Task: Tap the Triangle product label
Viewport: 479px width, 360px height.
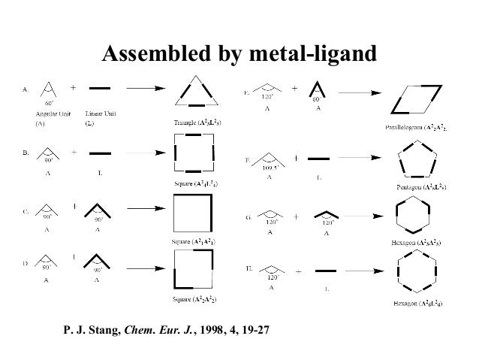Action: click(197, 121)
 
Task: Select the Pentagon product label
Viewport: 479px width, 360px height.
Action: click(422, 186)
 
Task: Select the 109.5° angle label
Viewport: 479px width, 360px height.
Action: click(270, 168)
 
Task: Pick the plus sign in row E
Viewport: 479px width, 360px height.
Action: click(294, 87)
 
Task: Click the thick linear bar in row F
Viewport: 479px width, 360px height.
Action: click(318, 159)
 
